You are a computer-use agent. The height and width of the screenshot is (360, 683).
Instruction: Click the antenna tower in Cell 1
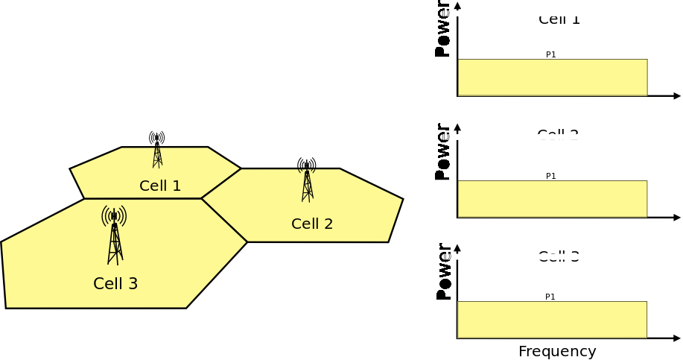click(156, 149)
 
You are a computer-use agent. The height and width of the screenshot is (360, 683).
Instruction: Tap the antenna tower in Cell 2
click(307, 180)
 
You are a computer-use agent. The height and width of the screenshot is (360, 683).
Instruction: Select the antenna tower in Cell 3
click(114, 235)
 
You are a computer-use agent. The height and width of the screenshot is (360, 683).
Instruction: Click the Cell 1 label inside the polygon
click(160, 186)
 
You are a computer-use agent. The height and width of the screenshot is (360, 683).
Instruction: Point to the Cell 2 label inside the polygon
click(312, 224)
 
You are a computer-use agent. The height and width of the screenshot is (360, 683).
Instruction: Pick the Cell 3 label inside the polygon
click(115, 284)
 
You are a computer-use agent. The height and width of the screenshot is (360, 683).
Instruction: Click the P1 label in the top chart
click(551, 54)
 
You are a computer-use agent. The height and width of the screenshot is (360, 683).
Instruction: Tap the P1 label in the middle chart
click(551, 176)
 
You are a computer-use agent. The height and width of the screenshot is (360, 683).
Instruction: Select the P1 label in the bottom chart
click(550, 297)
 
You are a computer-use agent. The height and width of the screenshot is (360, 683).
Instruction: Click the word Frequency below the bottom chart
click(557, 351)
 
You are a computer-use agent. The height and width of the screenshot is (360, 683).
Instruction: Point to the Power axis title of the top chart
click(442, 30)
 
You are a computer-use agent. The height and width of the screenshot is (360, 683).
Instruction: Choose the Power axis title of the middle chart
click(442, 152)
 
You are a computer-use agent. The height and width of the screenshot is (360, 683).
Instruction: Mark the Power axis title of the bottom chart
click(443, 272)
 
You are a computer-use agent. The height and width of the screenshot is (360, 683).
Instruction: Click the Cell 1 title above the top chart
click(559, 19)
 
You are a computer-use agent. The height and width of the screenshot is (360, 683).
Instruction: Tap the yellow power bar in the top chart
click(552, 78)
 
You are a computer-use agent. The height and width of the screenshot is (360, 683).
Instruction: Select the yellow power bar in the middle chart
click(552, 199)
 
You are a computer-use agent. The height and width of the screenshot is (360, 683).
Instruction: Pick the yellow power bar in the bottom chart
click(552, 320)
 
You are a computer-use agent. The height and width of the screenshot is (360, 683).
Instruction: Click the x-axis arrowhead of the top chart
click(677, 96)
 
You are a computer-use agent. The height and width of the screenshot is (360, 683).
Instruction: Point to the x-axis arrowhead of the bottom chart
click(677, 338)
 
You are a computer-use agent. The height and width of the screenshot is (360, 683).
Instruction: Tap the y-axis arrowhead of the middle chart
click(457, 127)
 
